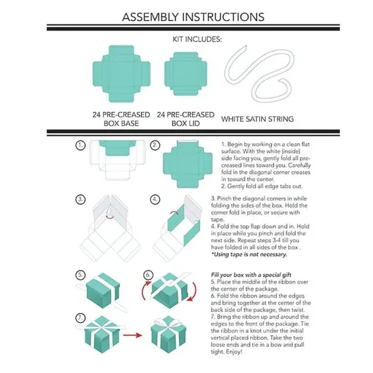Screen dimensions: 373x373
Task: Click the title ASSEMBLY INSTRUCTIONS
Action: tap(193, 17)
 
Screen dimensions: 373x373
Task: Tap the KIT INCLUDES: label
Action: tap(197, 39)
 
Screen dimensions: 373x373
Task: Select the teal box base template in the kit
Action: tap(121, 74)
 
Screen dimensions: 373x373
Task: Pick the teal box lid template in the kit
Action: tap(186, 74)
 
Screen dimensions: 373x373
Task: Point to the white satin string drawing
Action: tap(258, 74)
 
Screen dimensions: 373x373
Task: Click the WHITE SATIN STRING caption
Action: tap(258, 119)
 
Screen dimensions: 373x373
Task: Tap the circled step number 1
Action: tap(81, 145)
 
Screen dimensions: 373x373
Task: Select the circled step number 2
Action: tap(155, 145)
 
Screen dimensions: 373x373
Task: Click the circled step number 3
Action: tap(81, 199)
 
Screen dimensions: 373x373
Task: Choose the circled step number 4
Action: tap(155, 199)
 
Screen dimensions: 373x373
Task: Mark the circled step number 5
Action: tap(81, 275)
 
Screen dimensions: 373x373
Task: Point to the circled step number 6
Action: tap(149, 275)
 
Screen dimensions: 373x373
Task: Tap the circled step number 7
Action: tap(81, 318)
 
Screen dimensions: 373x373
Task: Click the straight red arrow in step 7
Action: tap(132, 336)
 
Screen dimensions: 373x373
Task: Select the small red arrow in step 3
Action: tap(110, 217)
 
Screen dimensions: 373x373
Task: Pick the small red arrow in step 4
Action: tap(174, 212)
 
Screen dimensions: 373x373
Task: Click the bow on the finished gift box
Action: tap(169, 323)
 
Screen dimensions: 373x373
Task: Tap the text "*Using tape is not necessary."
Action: tap(249, 254)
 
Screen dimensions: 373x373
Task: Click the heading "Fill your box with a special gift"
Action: tap(251, 275)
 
